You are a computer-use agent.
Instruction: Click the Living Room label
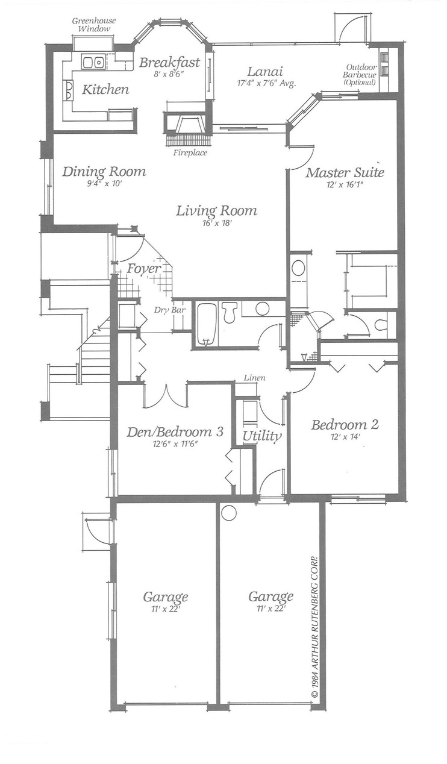point(216,211)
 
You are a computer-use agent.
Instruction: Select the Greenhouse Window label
point(94,25)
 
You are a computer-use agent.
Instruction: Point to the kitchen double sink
point(93,63)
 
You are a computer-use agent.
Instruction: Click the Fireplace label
point(190,153)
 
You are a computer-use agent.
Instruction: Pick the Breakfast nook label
point(169,63)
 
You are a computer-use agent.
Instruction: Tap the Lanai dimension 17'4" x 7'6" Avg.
point(266,83)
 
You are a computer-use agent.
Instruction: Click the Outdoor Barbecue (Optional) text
point(360,75)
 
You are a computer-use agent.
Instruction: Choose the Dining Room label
point(104,171)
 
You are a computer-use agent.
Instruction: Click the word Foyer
point(144,269)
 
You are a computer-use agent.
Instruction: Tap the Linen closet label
point(255,378)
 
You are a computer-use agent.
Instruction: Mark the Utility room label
point(262,436)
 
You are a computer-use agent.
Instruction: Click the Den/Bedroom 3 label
point(175,432)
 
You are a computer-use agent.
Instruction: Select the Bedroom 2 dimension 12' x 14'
point(345,437)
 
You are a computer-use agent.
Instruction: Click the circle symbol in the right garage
point(229,513)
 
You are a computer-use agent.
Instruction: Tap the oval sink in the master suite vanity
point(299,268)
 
